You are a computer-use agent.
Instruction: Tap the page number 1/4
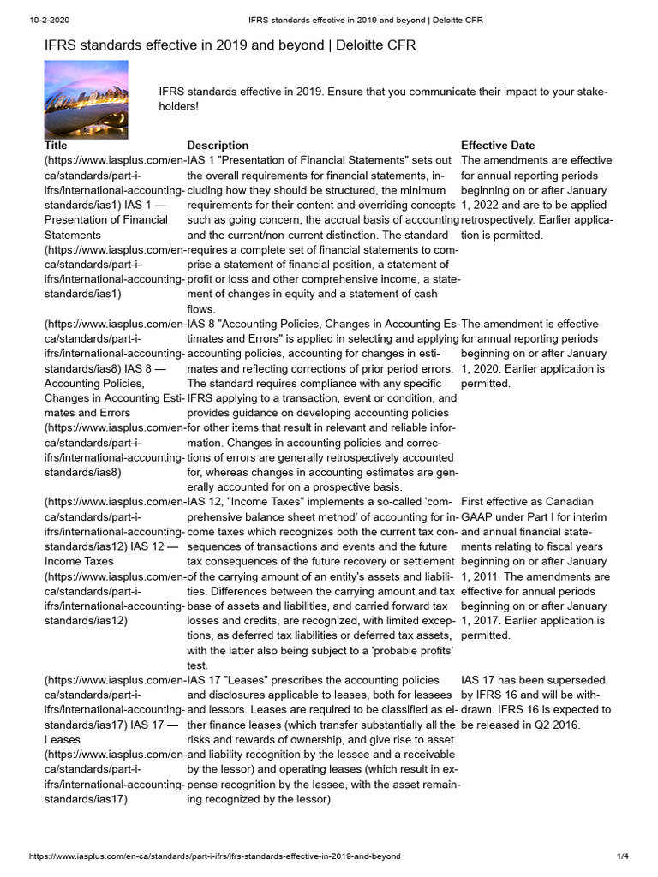(x=623, y=856)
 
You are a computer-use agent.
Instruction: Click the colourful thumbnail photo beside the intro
(x=86, y=99)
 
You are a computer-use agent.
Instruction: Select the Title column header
(x=55, y=146)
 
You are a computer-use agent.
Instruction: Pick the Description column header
(x=218, y=146)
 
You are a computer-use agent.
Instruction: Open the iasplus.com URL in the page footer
(x=214, y=856)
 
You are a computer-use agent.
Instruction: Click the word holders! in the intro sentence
(x=179, y=107)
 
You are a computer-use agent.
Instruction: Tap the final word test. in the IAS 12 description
(x=198, y=665)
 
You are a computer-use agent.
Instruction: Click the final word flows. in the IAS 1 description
(x=202, y=309)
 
